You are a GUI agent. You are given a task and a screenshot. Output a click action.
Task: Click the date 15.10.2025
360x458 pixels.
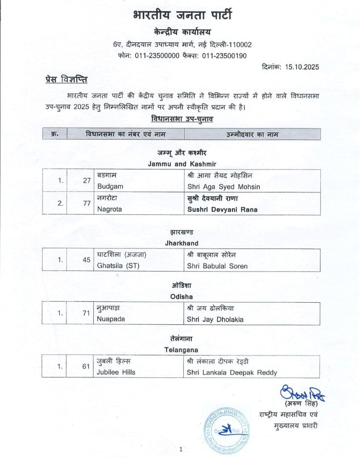click(302, 67)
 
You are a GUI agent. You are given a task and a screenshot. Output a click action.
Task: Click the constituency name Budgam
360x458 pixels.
click(110, 187)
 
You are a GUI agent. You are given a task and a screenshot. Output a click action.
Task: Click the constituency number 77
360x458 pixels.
click(86, 203)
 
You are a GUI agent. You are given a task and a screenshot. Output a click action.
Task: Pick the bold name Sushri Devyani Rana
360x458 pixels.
click(222, 209)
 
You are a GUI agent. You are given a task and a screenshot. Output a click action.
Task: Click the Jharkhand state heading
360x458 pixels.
click(181, 243)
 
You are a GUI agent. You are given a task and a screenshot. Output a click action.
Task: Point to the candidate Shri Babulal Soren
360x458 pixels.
click(217, 266)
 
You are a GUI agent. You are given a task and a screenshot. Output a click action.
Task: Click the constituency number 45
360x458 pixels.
click(86, 260)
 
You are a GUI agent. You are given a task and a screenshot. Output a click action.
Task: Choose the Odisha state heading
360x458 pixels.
click(181, 296)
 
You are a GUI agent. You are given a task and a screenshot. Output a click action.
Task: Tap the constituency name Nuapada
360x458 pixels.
click(111, 319)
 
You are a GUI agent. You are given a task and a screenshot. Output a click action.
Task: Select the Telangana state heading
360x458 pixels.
click(181, 350)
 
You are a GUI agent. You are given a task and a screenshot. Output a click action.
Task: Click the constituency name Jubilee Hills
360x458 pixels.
click(116, 372)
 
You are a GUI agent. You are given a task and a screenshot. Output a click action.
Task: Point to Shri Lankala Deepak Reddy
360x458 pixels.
click(232, 372)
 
